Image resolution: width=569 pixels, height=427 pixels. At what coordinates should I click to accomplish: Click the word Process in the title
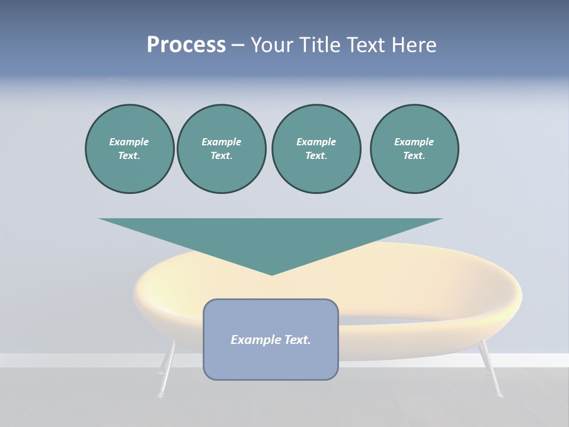point(186,44)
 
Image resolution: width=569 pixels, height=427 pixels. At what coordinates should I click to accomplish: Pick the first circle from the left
point(129,149)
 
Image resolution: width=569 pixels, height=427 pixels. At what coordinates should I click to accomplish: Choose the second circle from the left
point(222,149)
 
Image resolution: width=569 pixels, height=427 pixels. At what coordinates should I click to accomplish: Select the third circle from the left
point(316,149)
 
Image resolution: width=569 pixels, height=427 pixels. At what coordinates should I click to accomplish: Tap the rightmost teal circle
point(414,149)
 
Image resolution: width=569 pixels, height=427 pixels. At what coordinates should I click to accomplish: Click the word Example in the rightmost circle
point(414,142)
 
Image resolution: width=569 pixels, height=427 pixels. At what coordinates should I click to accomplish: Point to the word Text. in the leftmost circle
point(129,156)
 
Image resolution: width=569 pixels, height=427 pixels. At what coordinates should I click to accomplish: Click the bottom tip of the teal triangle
point(271,274)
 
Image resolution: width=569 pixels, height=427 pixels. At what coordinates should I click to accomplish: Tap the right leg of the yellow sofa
point(492,371)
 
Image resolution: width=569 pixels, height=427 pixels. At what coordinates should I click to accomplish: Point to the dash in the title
point(238,45)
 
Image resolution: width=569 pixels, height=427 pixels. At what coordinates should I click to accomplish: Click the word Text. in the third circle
point(316,156)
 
